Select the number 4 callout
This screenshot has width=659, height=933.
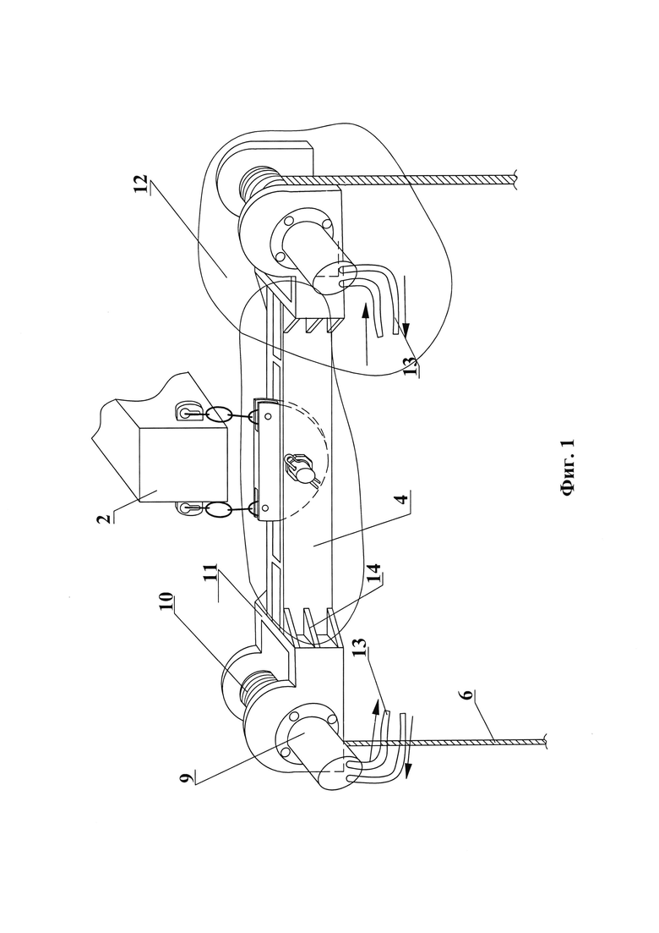(x=404, y=498)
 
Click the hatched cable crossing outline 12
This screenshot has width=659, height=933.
(x=398, y=178)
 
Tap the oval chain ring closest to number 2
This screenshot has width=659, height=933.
(x=218, y=511)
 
